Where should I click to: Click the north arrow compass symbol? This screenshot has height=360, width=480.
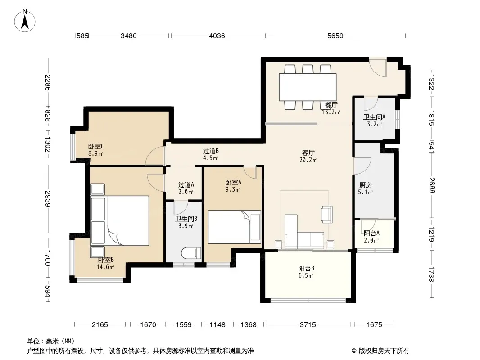point(25,20)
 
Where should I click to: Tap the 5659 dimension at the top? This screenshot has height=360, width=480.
point(335,36)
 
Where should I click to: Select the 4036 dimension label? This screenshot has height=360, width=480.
point(217,36)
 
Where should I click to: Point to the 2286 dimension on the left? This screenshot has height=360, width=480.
point(48,83)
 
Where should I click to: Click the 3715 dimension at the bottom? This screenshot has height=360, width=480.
point(308,324)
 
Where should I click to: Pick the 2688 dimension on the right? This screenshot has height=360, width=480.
point(431,185)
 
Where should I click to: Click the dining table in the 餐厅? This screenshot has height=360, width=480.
point(308,87)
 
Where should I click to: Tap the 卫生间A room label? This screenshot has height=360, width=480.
point(374,117)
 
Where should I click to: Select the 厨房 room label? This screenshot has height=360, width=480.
point(366,185)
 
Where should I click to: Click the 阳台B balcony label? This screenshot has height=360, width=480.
point(306,269)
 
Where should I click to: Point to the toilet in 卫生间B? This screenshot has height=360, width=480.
point(191,253)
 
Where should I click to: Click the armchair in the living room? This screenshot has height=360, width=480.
point(326,214)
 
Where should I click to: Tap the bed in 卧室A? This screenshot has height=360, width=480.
point(235,227)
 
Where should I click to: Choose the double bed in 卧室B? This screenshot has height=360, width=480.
point(120,220)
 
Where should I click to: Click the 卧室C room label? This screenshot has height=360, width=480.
point(96,147)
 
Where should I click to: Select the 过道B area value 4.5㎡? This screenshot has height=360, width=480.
point(210,158)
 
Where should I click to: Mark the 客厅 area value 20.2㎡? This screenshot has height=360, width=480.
point(308,160)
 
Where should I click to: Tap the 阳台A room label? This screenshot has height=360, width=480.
point(371,234)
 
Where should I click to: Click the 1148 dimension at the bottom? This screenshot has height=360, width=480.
point(217,324)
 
